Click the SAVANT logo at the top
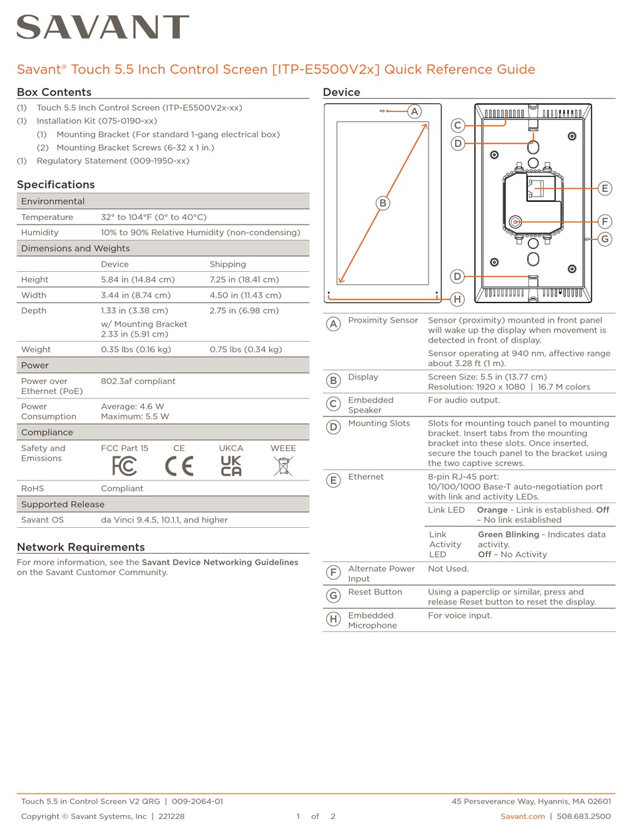103,28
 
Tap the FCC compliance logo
125,466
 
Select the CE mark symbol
179,466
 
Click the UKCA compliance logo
231,466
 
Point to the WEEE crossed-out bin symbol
283,466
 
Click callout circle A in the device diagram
414,111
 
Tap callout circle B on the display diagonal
382,203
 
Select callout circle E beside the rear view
604,189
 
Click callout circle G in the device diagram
604,239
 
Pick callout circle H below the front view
457,299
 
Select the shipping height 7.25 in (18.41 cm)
244,280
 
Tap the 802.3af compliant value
138,381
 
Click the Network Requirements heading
81,547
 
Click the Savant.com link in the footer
522,816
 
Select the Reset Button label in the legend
375,592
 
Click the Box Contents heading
54,92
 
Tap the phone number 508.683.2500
584,816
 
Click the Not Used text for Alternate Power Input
448,568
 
